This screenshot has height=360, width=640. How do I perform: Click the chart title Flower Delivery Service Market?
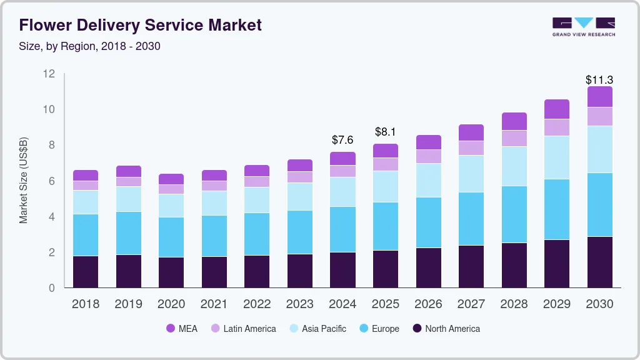coord(140,25)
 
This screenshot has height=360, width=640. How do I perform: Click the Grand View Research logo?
coord(583,26)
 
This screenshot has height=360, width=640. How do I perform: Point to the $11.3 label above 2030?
coord(599,79)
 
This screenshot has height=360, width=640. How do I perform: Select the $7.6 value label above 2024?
coord(342,139)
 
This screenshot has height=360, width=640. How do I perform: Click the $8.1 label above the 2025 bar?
coord(386,131)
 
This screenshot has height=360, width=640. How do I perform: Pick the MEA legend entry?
coord(182,328)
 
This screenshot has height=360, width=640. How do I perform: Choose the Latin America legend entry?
coord(242,328)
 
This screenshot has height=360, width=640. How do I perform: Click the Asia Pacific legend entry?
coord(317,328)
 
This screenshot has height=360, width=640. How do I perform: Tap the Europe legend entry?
coord(378,328)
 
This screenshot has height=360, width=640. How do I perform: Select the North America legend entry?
coord(446,328)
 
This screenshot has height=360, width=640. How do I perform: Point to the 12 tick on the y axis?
coord(49,74)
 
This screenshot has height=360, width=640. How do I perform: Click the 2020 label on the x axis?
coord(171,304)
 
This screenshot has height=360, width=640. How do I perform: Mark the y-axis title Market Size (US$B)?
coord(23,181)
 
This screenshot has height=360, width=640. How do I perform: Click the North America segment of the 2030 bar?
coord(599,262)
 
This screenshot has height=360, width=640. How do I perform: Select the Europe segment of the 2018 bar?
coord(86,235)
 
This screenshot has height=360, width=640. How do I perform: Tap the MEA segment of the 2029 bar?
coord(556,109)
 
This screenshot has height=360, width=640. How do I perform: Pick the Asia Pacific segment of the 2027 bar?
coord(471,174)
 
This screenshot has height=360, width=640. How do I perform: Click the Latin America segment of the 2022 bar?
coord(257,182)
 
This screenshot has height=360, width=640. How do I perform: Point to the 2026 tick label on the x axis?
coord(428,304)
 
